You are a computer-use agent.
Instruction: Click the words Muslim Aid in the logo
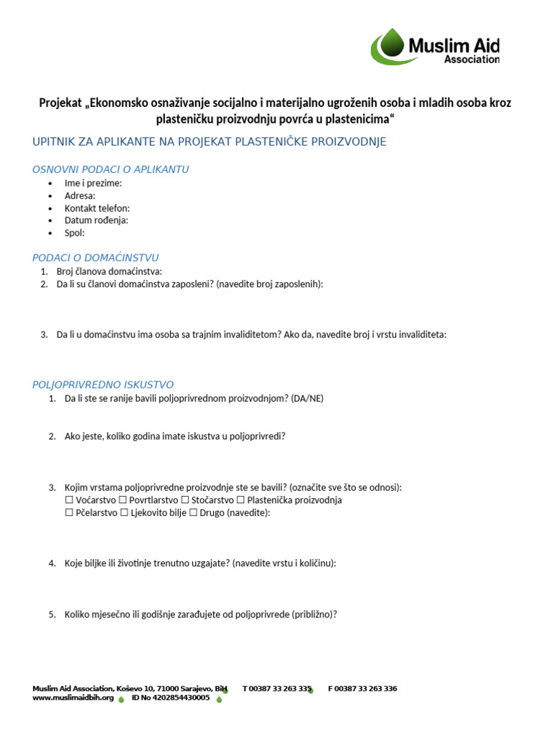coord(453,47)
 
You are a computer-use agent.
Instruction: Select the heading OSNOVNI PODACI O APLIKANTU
coord(110,169)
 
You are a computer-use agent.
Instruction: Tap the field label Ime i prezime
coord(93,183)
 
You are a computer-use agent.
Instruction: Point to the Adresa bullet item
coord(80,195)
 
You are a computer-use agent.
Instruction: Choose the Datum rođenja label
coord(96,220)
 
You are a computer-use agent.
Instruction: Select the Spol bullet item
coord(75,233)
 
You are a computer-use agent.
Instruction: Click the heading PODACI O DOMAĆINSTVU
coord(95,258)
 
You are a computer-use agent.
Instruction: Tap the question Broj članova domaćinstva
coord(109,271)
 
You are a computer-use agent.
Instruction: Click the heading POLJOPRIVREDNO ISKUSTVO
coord(103,385)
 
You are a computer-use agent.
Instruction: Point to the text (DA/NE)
coord(307,398)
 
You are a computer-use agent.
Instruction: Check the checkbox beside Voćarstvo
coord(69,500)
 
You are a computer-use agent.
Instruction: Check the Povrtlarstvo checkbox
coord(123,500)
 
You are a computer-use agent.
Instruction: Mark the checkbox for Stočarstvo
coord(185,500)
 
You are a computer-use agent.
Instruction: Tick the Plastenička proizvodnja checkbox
coord(241,500)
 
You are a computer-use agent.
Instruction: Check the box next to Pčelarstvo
coord(69,513)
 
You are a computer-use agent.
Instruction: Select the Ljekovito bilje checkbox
coord(124,513)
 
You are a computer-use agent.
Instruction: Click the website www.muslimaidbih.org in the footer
coord(73,698)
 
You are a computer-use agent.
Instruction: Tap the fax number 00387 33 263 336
coord(367,688)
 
